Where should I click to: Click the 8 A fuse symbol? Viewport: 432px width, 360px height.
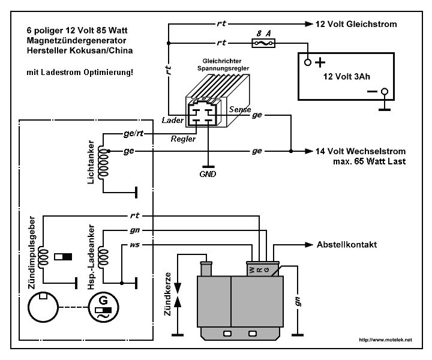tap(263, 43)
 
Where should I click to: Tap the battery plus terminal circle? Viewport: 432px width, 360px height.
tap(308, 62)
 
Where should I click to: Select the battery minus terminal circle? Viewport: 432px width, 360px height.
tap(385, 91)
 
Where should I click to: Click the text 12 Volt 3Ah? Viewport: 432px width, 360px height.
tap(347, 76)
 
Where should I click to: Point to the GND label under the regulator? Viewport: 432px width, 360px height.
tap(208, 174)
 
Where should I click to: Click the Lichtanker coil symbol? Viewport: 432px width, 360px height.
tap(104, 162)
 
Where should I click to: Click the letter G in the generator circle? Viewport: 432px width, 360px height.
tap(103, 300)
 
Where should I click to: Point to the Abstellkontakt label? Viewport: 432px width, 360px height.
tap(347, 245)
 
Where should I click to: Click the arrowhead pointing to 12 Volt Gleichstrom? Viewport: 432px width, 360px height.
tap(309, 24)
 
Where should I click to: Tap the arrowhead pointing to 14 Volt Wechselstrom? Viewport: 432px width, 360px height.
tap(309, 151)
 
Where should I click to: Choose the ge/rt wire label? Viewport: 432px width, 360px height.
tap(134, 134)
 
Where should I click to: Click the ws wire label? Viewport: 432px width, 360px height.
tap(135, 245)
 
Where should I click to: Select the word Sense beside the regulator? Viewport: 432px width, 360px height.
tap(240, 109)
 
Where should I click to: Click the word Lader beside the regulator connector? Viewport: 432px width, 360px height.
tap(172, 120)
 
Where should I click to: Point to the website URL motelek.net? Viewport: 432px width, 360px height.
tap(385, 340)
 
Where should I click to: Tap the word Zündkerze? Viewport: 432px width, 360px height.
tap(167, 294)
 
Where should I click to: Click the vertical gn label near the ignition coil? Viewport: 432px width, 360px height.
tap(298, 302)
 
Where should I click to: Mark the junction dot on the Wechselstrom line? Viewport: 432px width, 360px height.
tap(291, 151)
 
